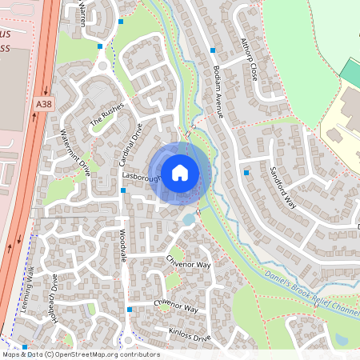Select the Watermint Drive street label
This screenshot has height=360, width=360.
(x=75, y=151)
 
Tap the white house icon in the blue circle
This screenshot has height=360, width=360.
(x=180, y=172)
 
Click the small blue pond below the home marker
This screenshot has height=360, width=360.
(x=188, y=218)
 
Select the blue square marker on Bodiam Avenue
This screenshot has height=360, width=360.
(x=213, y=50)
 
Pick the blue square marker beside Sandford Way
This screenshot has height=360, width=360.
(x=246, y=173)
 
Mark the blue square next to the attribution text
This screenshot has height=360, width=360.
(x=25, y=347)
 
